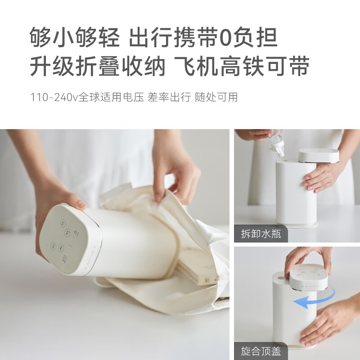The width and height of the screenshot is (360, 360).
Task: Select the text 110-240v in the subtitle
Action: point(54,97)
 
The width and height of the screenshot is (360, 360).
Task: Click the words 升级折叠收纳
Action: point(97,67)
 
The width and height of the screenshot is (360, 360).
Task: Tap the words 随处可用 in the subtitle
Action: point(216,97)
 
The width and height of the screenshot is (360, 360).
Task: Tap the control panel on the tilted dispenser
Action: point(67,241)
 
